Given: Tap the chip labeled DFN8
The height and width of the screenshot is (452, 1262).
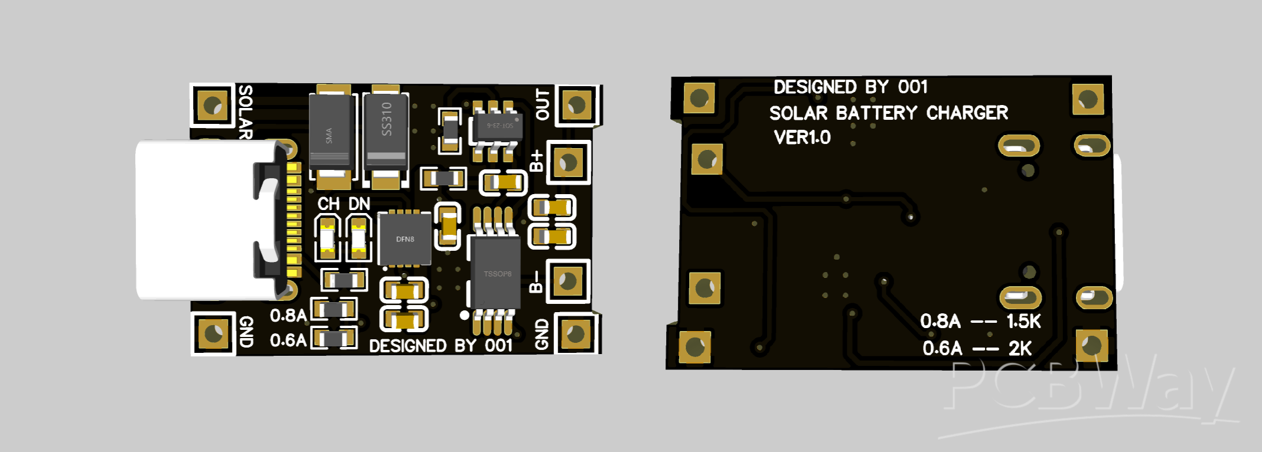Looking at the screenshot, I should (x=405, y=239).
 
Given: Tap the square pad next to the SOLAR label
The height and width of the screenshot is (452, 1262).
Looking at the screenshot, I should (x=213, y=106).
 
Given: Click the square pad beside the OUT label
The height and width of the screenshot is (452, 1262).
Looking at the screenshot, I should (x=576, y=105).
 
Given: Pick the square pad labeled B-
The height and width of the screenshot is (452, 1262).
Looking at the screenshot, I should (x=568, y=281).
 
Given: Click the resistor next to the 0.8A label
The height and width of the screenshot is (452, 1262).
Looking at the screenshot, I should (x=334, y=310).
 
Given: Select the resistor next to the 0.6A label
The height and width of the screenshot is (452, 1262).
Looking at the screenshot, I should (x=334, y=339).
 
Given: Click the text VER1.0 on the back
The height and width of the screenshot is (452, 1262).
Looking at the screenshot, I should (x=802, y=137).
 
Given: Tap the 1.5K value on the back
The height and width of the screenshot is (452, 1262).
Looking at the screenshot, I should (x=1023, y=322).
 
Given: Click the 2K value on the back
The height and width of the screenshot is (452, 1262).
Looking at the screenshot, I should (x=1020, y=349).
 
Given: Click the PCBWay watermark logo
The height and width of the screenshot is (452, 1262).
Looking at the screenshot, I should (x=1087, y=389).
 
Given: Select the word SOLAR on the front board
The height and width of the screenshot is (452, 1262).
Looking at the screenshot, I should (x=245, y=112).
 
